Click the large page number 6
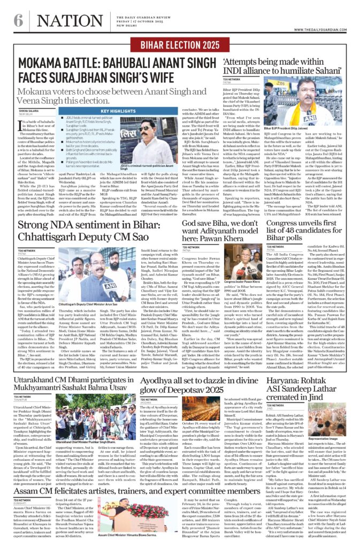[x=19, y=20]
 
